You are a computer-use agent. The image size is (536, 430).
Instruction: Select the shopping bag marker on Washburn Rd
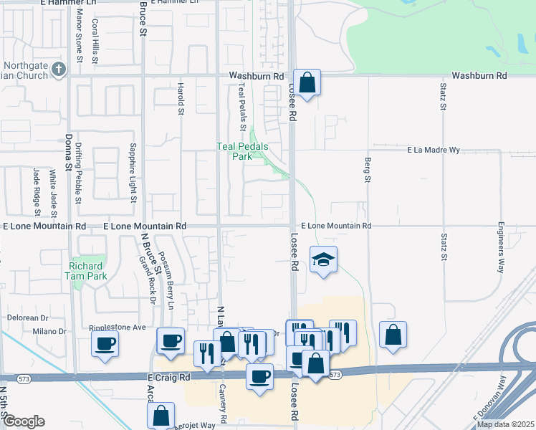(307, 83)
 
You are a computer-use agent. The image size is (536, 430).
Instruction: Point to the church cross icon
(59, 70)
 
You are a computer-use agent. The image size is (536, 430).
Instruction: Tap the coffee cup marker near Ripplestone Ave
(105, 344)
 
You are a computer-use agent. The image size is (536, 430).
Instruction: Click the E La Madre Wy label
(433, 150)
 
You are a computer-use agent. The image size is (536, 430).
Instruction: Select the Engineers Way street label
(500, 247)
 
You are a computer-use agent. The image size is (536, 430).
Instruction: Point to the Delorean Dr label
(28, 317)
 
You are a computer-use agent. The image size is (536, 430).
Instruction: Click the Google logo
(24, 421)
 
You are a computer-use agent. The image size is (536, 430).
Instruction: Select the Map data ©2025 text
(504, 424)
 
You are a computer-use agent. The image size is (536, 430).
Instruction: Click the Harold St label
(181, 98)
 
